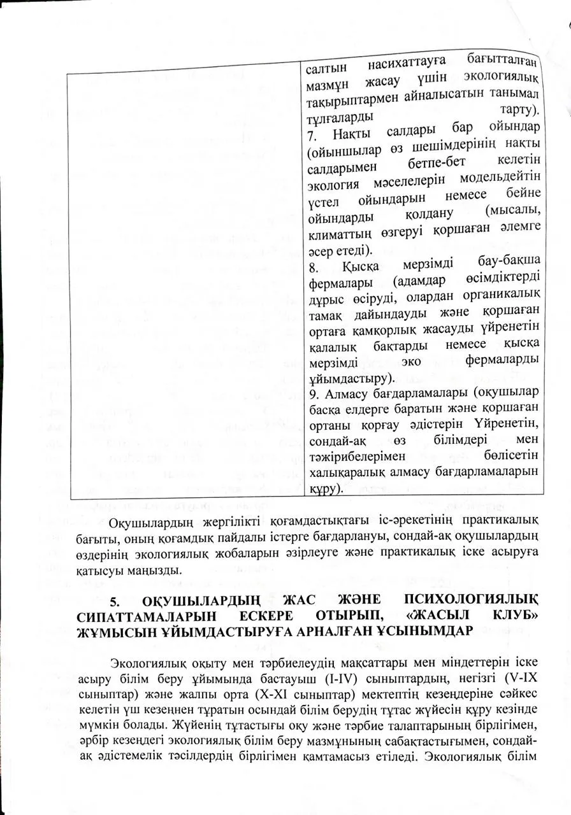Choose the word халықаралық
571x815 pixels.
[345, 474]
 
